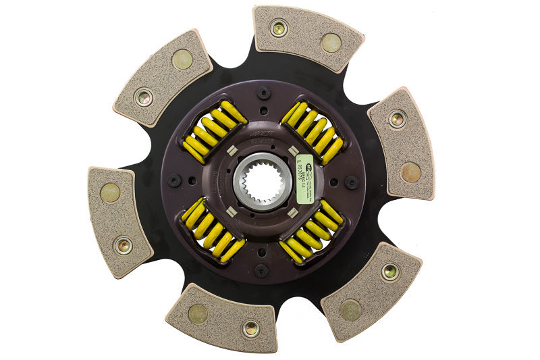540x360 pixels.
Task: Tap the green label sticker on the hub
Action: [304, 172]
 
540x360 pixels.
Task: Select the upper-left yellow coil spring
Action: [215, 131]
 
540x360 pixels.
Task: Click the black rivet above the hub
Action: [264, 93]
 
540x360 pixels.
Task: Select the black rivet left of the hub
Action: [174, 180]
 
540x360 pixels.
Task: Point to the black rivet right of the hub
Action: [350, 182]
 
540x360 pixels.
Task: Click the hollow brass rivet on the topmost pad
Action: [277, 29]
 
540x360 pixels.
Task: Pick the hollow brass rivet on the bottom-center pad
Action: [250, 329]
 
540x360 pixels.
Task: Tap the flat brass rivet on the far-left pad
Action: [109, 193]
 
